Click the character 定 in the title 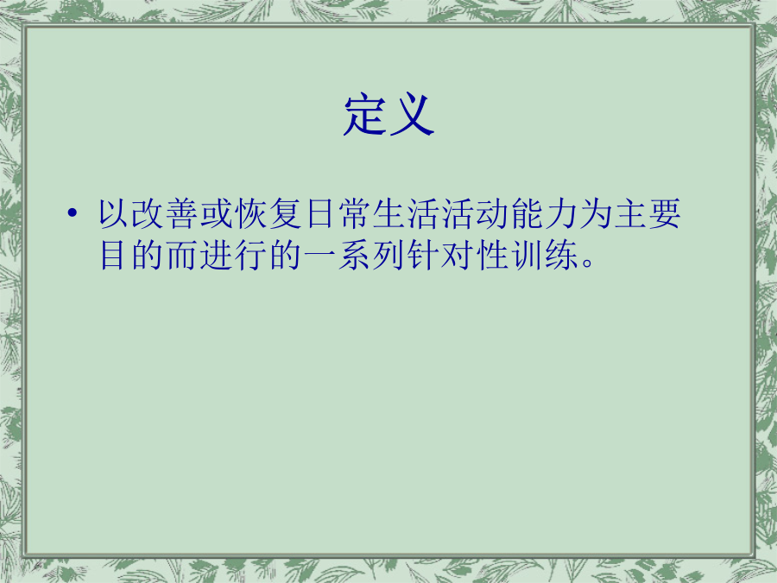coord(364,115)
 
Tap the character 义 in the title coord(413,115)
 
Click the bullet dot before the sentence coord(73,213)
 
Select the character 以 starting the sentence coord(113,213)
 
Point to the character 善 coord(182,213)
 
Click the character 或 coord(217,213)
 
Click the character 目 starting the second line coord(112,256)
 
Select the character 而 coord(182,256)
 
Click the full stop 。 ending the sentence coord(588,263)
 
